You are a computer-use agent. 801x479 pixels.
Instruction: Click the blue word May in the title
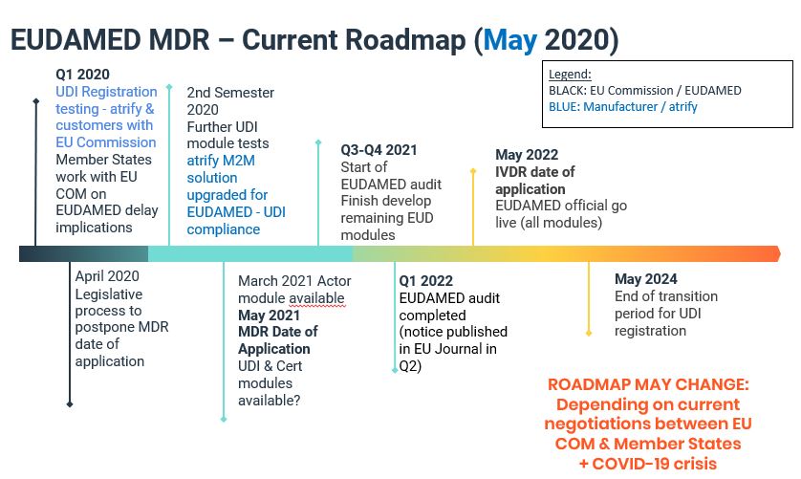coord(509,41)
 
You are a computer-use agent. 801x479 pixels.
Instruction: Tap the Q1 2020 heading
coord(82,75)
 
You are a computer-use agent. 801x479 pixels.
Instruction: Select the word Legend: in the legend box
coord(570,75)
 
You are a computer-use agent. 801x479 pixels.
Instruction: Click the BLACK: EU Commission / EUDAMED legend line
coord(644,91)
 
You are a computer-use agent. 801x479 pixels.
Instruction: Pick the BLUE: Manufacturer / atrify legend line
coord(622,107)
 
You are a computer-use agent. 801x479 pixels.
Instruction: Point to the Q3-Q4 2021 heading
coord(379,150)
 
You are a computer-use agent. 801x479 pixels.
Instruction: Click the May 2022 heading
coord(527,154)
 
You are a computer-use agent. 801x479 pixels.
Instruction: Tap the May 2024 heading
coord(646,278)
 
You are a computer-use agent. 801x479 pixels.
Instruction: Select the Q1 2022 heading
coord(425,281)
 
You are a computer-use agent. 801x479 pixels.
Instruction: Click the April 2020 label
coord(107,276)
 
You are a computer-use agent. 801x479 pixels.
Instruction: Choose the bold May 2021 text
coord(269,315)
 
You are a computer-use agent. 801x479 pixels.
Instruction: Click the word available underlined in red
coord(317,298)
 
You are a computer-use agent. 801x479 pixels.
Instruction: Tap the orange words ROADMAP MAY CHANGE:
coord(648,384)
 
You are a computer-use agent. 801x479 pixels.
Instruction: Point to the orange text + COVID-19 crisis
coord(648,464)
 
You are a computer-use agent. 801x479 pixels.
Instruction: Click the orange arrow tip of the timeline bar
coord(780,253)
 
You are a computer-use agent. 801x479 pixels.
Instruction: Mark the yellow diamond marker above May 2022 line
coord(473,171)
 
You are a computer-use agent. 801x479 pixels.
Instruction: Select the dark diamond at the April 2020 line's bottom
coord(70,404)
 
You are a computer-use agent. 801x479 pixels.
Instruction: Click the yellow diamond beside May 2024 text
coord(589,334)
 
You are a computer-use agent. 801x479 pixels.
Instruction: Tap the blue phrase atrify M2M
coord(221,161)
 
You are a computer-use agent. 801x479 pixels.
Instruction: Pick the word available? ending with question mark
coord(270,401)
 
